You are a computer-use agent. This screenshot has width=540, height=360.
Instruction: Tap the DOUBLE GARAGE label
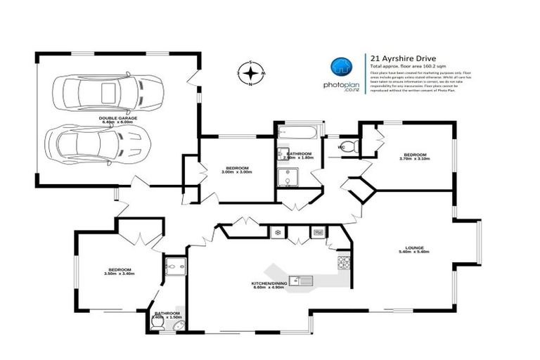[x=117, y=120]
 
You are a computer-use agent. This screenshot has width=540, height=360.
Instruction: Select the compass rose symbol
[x=250, y=73]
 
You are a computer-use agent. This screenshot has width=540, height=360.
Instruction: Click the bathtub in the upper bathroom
[x=297, y=134]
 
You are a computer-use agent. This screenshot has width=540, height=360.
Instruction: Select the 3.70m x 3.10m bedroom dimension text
[x=415, y=159]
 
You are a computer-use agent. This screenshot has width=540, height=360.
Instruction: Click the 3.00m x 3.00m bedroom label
[x=237, y=169]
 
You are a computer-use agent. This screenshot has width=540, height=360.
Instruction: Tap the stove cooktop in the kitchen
[x=344, y=263]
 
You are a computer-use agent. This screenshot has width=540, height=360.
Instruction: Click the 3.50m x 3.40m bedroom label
[x=119, y=271]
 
